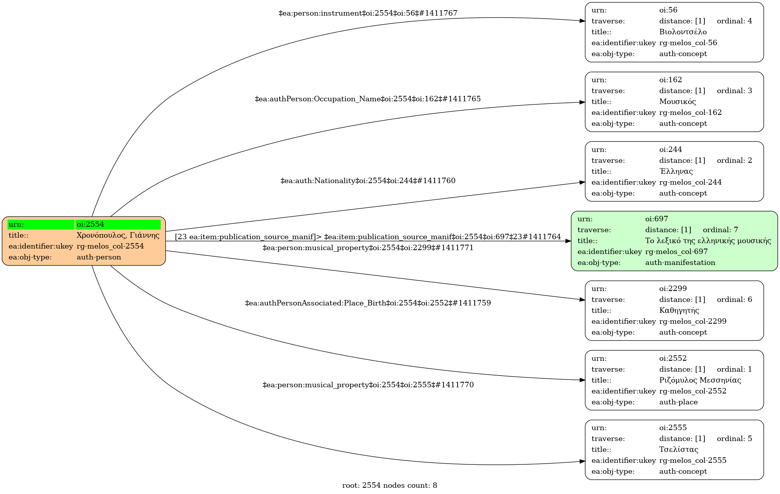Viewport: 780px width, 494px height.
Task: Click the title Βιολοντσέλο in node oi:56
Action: [683, 32]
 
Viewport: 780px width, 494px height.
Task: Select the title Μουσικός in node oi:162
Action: [677, 102]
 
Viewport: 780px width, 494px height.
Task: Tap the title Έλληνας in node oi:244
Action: [676, 171]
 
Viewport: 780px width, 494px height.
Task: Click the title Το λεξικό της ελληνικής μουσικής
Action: [708, 241]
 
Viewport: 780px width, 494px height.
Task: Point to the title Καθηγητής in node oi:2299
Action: [679, 311]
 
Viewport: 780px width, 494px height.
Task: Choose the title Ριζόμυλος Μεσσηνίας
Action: [700, 380]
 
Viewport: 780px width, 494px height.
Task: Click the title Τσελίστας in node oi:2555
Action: [678, 450]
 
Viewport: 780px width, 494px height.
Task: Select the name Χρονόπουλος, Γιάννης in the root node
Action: [118, 235]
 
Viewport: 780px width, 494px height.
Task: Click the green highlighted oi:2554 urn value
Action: [118, 224]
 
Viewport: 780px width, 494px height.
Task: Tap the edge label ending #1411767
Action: [368, 13]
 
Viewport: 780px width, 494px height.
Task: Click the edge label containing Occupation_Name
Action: [368, 99]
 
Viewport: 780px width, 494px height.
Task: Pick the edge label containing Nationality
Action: [368, 181]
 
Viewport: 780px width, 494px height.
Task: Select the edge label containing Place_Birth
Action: [368, 303]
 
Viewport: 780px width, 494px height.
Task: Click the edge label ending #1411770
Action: [368, 385]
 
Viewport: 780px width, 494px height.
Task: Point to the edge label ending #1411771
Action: [368, 248]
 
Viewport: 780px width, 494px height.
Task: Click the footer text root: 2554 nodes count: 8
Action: [389, 485]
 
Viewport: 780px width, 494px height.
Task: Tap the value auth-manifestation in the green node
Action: [680, 263]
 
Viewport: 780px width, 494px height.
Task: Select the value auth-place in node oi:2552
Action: [678, 402]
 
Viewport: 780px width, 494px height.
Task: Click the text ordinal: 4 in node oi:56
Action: [734, 21]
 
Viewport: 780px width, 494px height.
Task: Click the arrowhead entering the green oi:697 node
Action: [568, 241]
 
